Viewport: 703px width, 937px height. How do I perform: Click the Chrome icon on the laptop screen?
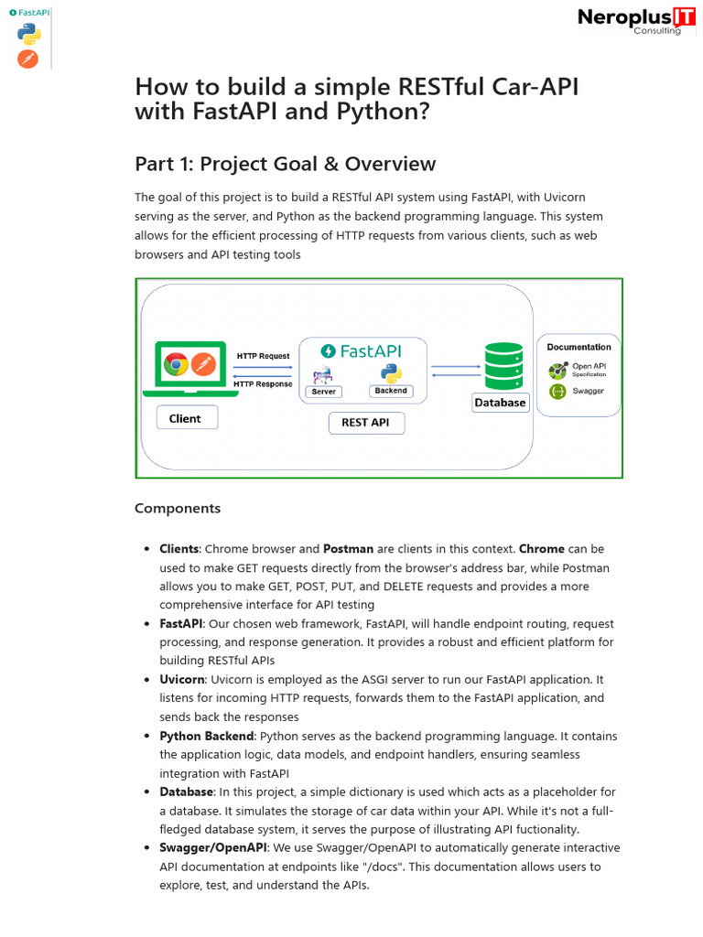[176, 365]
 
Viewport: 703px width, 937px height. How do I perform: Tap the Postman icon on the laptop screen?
[203, 365]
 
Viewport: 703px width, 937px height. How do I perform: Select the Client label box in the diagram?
[185, 418]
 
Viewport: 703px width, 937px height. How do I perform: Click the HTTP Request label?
[263, 356]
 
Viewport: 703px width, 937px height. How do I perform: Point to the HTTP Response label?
[263, 384]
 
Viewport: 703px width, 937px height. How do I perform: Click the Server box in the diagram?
[324, 392]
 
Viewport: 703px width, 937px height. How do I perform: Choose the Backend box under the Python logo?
[391, 391]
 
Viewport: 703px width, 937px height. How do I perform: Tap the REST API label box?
[365, 423]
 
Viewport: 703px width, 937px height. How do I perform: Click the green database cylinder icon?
[503, 365]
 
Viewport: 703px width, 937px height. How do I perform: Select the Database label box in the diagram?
[500, 403]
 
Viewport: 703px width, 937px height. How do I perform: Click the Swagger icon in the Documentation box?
[557, 392]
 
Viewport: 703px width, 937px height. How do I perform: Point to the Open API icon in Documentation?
[557, 371]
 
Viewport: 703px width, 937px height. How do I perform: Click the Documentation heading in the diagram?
[579, 348]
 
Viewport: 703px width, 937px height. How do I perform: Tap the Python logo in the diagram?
[391, 372]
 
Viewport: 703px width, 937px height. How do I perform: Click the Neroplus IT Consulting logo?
[630, 20]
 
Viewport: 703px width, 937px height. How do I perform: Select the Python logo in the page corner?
[28, 36]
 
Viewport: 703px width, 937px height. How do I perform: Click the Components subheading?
[178, 509]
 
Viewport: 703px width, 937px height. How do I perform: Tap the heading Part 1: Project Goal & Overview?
[285, 164]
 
